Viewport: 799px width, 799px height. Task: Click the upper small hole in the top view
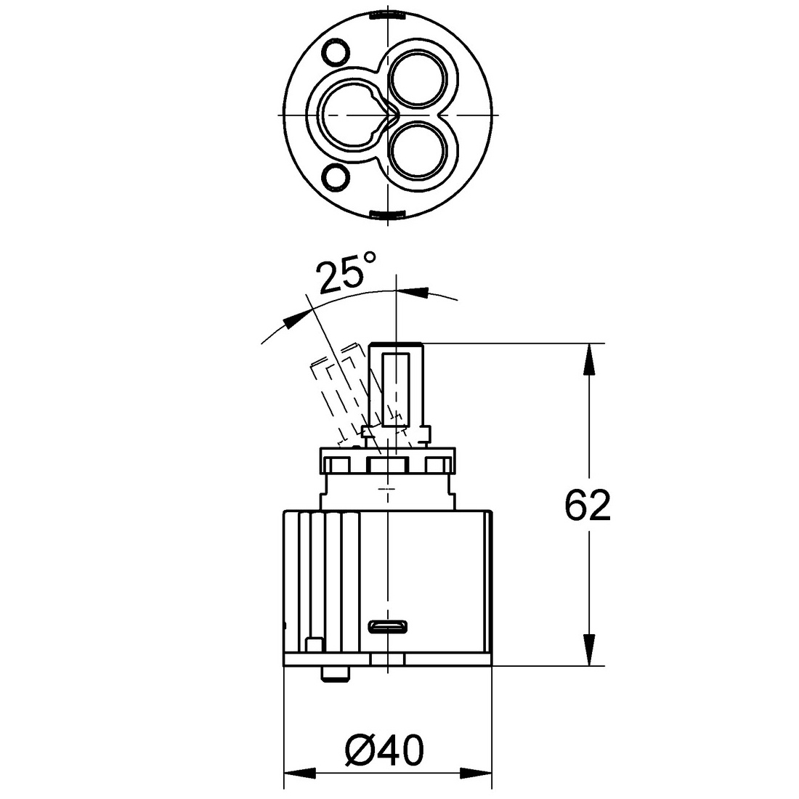tap(336, 52)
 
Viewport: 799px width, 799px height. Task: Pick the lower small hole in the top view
tap(336, 177)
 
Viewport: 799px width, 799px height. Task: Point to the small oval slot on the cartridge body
tap(390, 625)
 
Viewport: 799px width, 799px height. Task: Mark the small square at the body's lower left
tap(315, 644)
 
